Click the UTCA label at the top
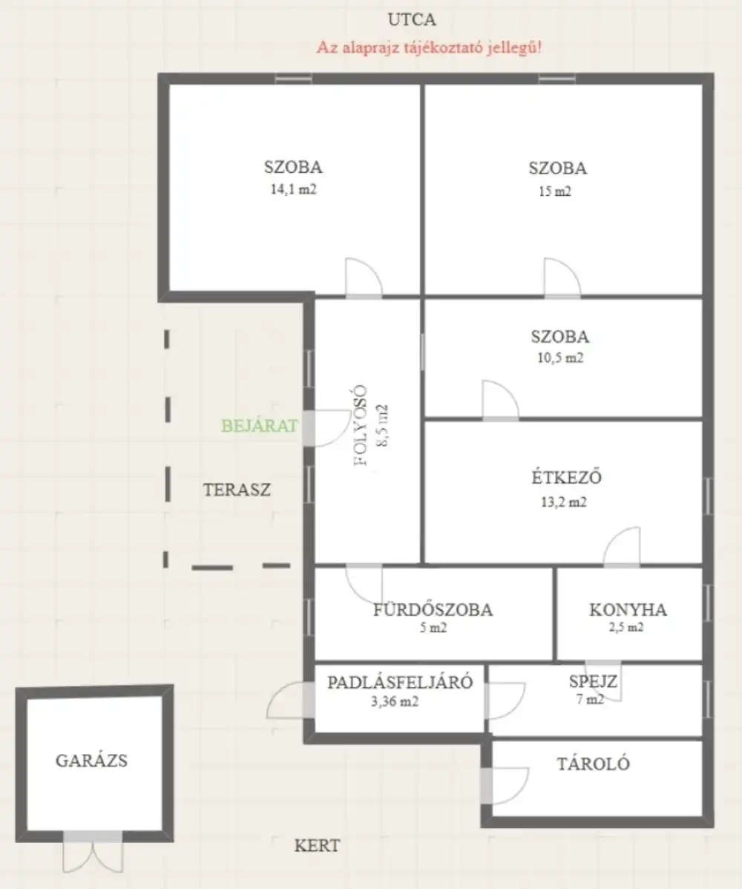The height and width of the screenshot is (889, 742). (x=412, y=20)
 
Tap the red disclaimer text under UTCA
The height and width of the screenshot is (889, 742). (x=429, y=47)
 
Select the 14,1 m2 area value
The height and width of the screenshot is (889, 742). (x=293, y=189)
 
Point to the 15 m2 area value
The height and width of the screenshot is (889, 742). (x=555, y=191)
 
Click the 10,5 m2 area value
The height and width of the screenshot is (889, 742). (x=560, y=358)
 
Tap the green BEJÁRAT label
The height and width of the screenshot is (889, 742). (x=259, y=426)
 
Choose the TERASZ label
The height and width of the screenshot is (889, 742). (x=237, y=490)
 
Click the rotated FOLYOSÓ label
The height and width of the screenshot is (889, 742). (x=361, y=425)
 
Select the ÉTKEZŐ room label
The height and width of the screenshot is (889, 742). (x=566, y=477)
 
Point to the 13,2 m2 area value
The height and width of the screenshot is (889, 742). (x=563, y=502)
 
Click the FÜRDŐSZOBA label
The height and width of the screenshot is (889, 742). (x=433, y=609)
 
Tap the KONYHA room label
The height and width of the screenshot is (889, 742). (x=628, y=609)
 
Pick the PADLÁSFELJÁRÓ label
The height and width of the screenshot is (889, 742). (x=400, y=681)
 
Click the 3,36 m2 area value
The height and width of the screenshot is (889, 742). (x=395, y=701)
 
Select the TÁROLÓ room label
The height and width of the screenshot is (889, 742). (x=593, y=764)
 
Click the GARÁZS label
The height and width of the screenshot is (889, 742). (x=92, y=761)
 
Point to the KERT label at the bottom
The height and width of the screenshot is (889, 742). (x=317, y=845)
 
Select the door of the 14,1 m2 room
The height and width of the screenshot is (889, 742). (x=364, y=278)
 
